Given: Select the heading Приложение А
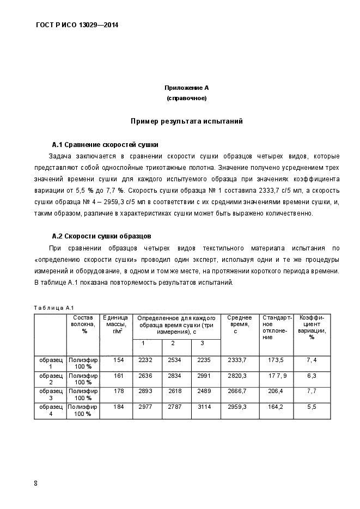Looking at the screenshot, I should pos(187,88).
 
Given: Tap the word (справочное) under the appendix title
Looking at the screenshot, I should pos(187,99).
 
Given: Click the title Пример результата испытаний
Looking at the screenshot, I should pos(187,121).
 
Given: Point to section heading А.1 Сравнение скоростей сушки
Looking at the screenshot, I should pos(105,145).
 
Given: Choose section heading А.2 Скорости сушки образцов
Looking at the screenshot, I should pos(101,236).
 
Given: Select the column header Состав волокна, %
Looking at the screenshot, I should pos(83,324).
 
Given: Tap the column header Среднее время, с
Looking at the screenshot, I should pos(239,324).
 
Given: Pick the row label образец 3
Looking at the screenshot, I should pos(50,395).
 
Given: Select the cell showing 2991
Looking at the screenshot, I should pos(203,376).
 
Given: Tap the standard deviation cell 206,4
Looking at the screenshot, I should pos(276,391).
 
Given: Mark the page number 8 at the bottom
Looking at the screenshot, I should pos(35,483).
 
